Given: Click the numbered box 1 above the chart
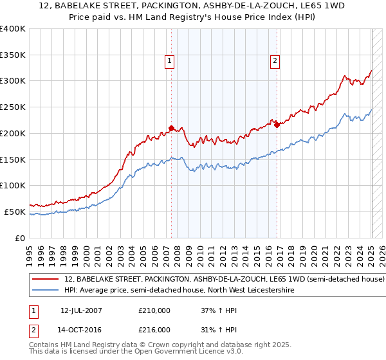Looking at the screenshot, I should click(x=170, y=61).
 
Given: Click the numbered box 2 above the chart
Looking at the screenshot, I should click(x=275, y=61).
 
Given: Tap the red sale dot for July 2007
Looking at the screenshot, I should click(x=171, y=128).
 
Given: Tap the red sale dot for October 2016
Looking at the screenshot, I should click(x=277, y=125).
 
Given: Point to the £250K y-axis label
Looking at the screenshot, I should click(x=13, y=107).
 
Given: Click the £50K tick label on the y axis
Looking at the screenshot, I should click(x=15, y=212).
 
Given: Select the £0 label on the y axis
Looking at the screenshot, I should click(x=20, y=238).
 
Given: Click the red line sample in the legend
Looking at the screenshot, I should click(x=46, y=280).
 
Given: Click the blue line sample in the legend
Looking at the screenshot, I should click(x=46, y=291).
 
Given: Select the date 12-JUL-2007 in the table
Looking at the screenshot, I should click(x=81, y=310).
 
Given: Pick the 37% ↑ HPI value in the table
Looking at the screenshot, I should click(x=220, y=310).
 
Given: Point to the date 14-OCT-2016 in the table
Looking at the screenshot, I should click(x=81, y=329).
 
